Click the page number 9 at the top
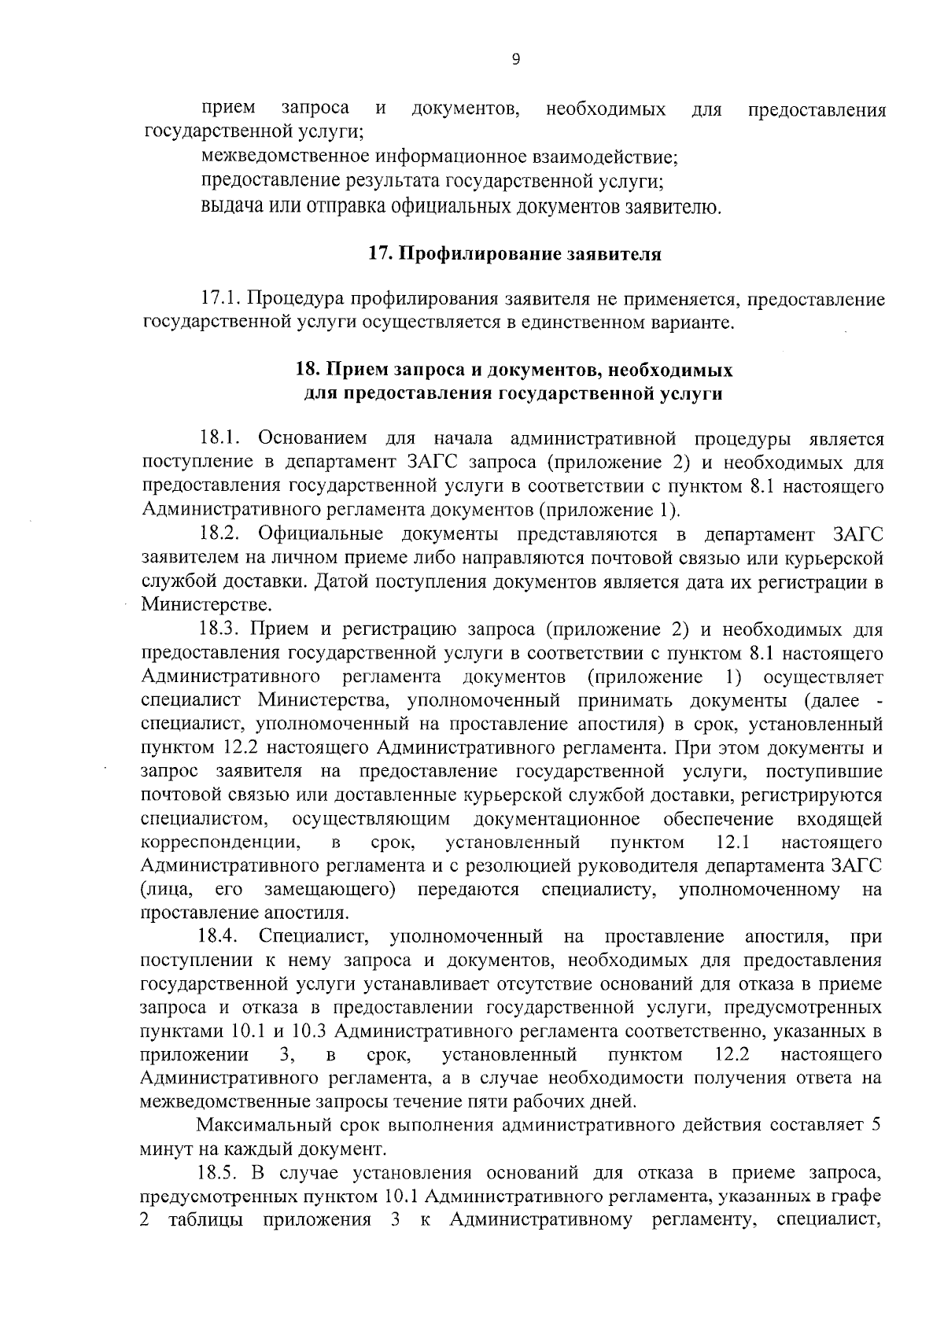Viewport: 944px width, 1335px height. pos(515,58)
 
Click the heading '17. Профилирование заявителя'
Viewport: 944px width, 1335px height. pos(514,254)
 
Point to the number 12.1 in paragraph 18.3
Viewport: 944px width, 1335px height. pos(732,843)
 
